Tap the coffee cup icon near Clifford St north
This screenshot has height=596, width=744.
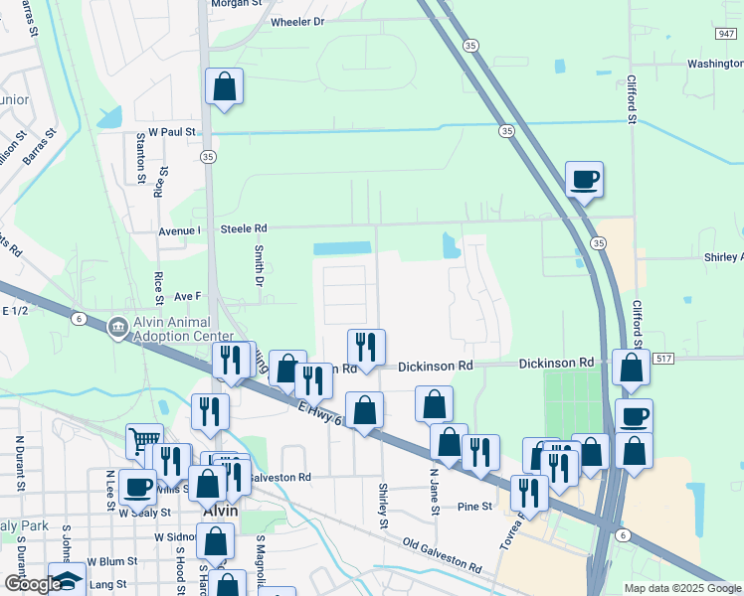(x=584, y=180)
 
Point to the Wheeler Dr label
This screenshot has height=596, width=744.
(x=297, y=21)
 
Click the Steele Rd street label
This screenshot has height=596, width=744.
(x=244, y=228)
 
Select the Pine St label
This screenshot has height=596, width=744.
(x=474, y=507)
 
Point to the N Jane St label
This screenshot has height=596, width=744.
(x=435, y=492)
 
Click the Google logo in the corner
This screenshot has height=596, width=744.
(x=32, y=584)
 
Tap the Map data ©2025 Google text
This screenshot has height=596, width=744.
(x=682, y=588)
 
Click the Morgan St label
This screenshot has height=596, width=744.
(x=238, y=3)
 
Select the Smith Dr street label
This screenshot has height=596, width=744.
(x=259, y=261)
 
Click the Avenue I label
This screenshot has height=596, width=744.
(x=180, y=229)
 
